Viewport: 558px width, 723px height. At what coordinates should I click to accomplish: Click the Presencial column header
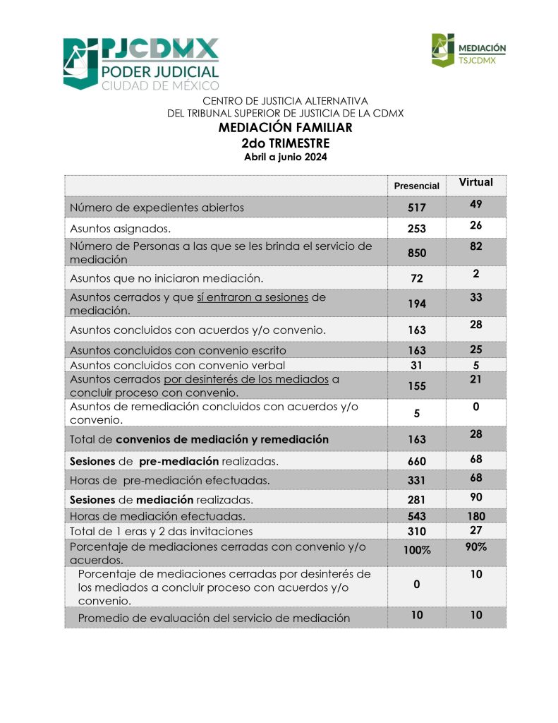coord(416,186)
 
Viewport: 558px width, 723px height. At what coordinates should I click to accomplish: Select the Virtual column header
coord(475,182)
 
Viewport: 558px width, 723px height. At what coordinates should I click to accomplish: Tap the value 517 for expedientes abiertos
coord(416,208)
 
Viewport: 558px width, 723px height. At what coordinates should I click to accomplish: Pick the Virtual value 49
coord(475,204)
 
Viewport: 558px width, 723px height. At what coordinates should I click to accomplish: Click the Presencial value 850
coord(416,253)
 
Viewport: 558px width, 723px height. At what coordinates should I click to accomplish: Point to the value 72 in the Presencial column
coord(416,278)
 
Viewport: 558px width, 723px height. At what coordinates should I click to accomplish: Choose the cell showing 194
coord(416,304)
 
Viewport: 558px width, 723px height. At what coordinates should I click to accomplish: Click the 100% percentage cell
coord(416,551)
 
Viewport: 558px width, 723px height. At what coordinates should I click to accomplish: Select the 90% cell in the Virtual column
coord(475,546)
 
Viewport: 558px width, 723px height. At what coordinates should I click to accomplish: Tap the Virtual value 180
coord(475,516)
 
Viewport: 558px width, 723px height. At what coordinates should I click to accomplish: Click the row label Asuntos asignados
coord(121,228)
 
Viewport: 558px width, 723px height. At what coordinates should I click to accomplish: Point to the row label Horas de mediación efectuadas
coord(157,516)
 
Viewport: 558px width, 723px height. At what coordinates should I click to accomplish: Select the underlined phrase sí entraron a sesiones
coord(252,297)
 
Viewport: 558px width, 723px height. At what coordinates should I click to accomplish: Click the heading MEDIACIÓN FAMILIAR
coord(285,128)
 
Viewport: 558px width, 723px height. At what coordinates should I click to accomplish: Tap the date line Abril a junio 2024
coord(285,157)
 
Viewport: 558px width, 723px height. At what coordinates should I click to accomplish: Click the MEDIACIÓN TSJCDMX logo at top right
coord(469,51)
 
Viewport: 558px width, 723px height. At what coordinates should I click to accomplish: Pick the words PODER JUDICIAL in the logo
coord(159,71)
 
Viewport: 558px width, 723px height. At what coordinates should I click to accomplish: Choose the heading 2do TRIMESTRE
coord(285,143)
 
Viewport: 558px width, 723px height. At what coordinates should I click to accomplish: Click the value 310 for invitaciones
coord(416,531)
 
